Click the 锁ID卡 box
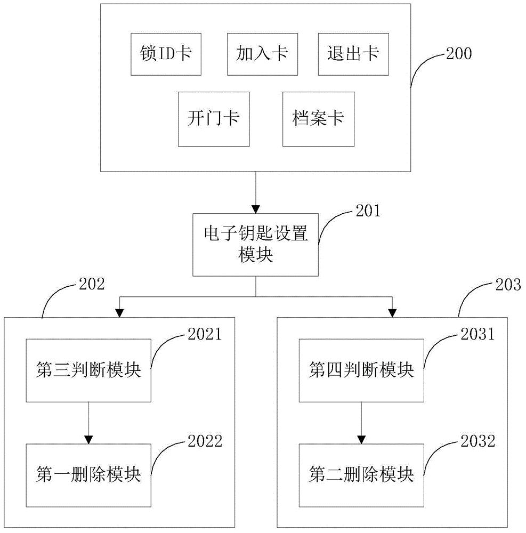click(166, 54)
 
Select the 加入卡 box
click(262, 54)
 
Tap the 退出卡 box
click(353, 54)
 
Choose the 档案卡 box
click(318, 118)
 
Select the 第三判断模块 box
click(88, 370)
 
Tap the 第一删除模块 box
click(88, 474)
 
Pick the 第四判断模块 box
click(361, 370)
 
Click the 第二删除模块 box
click(361, 474)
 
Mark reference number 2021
click(202, 334)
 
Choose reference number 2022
click(202, 441)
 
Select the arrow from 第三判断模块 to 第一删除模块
click(88, 423)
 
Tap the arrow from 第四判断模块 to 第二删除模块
click(361, 423)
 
